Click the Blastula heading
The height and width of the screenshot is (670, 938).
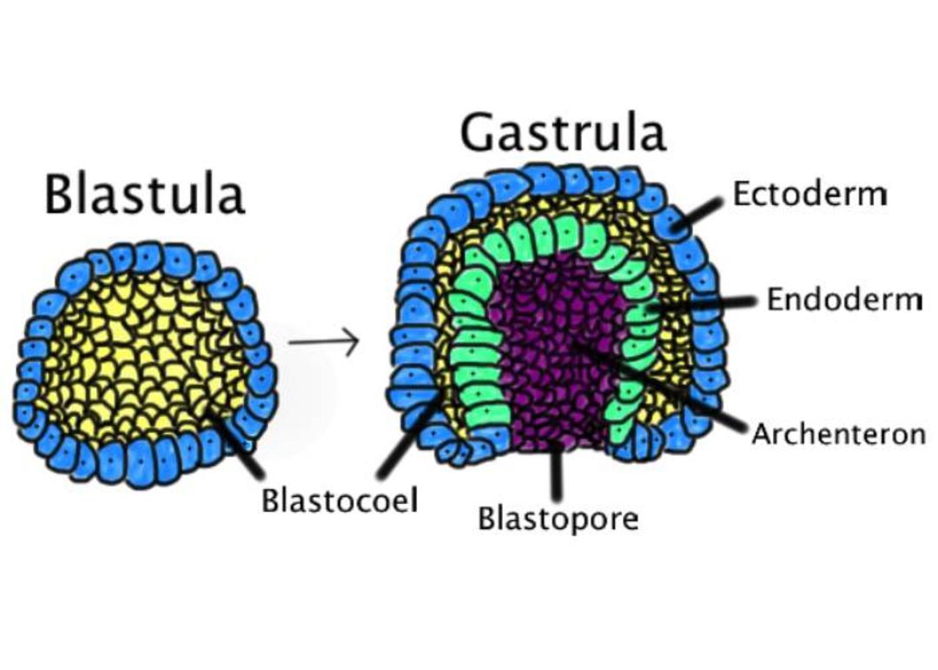145,194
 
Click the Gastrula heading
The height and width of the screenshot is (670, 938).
563,132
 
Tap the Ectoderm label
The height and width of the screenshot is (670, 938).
810,194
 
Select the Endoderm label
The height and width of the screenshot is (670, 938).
844,299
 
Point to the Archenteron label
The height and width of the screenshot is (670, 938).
839,434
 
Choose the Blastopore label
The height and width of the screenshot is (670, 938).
558,518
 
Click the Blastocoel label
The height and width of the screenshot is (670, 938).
340,500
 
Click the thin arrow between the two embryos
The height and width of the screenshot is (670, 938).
324,342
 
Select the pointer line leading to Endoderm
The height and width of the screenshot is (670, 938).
703,303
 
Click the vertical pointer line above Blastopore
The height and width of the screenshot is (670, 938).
557,472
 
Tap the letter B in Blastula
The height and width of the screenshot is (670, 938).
61,194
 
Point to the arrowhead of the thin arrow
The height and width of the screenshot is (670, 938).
353,342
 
